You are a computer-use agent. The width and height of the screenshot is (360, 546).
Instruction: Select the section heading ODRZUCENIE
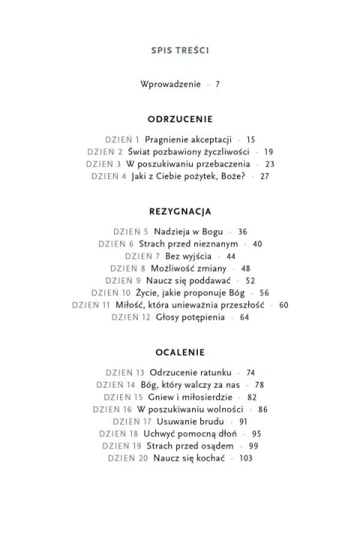[x=180, y=118]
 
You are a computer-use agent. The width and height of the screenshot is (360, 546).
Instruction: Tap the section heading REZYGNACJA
[x=180, y=211]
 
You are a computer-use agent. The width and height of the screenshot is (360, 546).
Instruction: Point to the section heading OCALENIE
[x=180, y=352]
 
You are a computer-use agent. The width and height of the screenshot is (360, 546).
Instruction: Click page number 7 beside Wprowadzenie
[x=217, y=85]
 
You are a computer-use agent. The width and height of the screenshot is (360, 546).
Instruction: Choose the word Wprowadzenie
[x=170, y=85]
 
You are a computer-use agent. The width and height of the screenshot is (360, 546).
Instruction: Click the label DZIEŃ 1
[x=123, y=139]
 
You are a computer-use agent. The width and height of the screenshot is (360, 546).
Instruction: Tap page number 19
[x=268, y=151]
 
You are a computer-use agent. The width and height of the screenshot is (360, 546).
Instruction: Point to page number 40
[x=257, y=244]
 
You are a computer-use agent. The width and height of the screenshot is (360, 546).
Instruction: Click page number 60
[x=283, y=305]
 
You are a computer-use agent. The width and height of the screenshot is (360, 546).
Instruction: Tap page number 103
[x=244, y=458]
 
